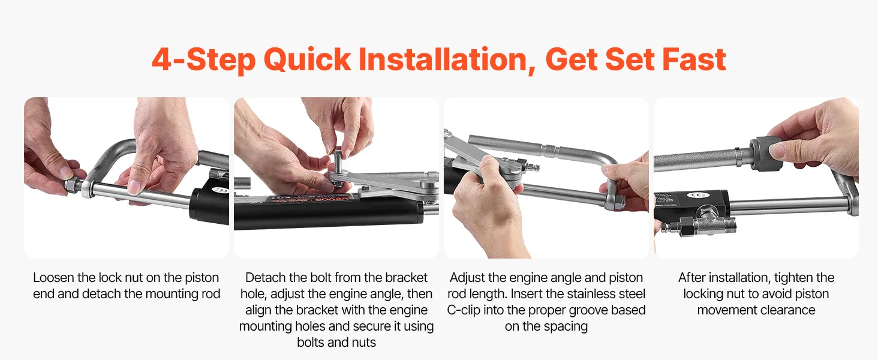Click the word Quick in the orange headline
(307, 59)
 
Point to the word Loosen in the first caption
(54, 278)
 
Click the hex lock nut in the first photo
(73, 185)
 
